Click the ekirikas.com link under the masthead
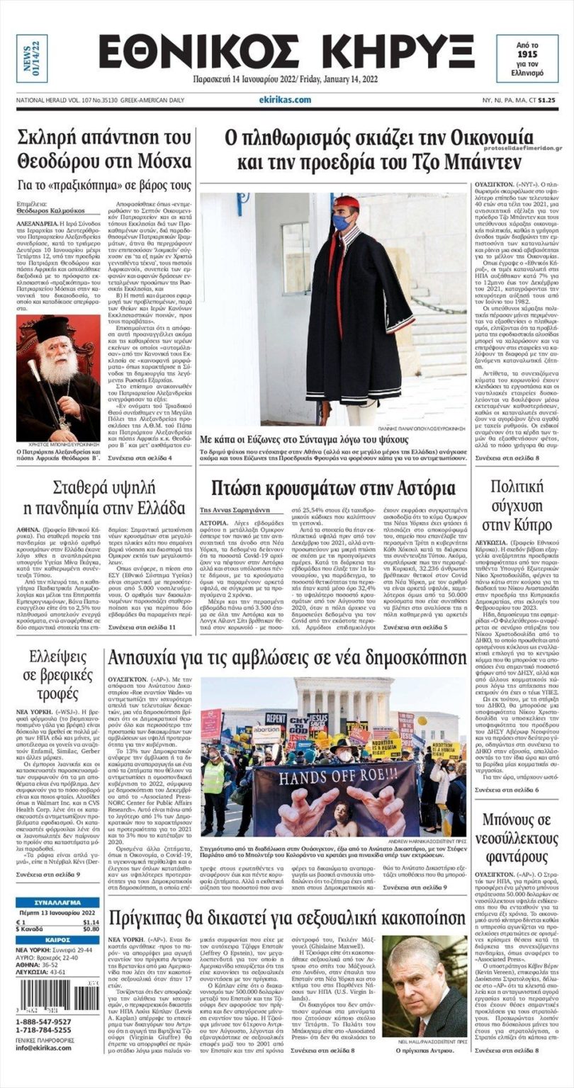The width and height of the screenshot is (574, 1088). tap(285, 100)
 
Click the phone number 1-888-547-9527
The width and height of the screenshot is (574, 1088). tap(45, 1021)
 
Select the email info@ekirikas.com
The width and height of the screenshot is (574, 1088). tap(45, 1048)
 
